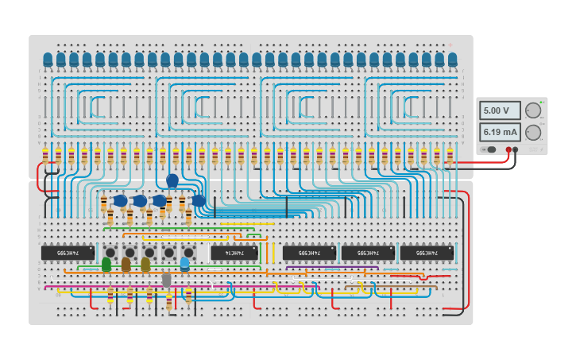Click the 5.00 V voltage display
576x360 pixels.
[x=500, y=110]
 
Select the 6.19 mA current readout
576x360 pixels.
[x=500, y=132]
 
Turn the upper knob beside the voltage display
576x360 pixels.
[x=532, y=110]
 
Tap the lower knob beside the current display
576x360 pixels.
[x=532, y=132]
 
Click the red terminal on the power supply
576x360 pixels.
[x=508, y=149]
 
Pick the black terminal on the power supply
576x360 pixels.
[x=516, y=149]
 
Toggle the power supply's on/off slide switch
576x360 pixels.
[x=490, y=149]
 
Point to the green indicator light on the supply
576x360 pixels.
[x=542, y=103]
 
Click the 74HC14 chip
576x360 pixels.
[x=234, y=253]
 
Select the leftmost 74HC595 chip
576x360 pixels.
[x=68, y=253]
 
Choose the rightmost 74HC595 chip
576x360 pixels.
[x=427, y=253]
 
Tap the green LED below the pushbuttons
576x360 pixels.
[x=106, y=264]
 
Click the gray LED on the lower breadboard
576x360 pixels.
[x=166, y=279]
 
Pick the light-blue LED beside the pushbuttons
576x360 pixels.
[x=184, y=263]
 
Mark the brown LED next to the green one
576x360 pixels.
[x=126, y=264]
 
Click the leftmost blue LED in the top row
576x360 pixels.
[x=48, y=60]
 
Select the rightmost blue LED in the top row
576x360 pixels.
[x=453, y=60]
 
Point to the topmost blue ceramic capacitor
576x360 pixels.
[x=172, y=181]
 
